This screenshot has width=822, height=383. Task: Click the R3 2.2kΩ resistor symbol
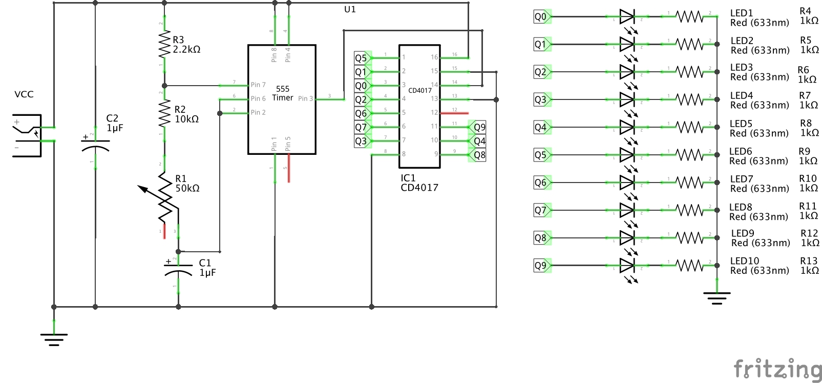pos(164,44)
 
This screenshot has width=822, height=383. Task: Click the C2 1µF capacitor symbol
pos(95,146)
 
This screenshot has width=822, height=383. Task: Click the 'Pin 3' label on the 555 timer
pos(305,98)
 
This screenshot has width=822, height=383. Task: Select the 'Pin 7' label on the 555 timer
pos(258,85)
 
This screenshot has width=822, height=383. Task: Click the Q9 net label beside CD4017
pos(479,127)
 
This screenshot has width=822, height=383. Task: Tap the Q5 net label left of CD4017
pos(361,58)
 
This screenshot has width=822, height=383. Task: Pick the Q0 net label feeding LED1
pos(541,17)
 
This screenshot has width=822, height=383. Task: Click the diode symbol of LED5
pos(627,127)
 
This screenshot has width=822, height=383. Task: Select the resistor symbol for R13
pos(690,266)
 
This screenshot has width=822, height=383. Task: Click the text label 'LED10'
pos(744,261)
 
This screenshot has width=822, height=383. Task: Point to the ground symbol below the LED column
pos(716,297)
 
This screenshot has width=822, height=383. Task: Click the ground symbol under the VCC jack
pos(54,338)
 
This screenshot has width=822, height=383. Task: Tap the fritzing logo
pos(777,369)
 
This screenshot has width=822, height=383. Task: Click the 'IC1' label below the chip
pos(408,178)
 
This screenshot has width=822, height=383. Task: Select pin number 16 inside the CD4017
pos(434,57)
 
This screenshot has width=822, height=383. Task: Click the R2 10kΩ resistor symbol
pos(164,113)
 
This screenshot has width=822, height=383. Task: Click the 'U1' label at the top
pos(350,9)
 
